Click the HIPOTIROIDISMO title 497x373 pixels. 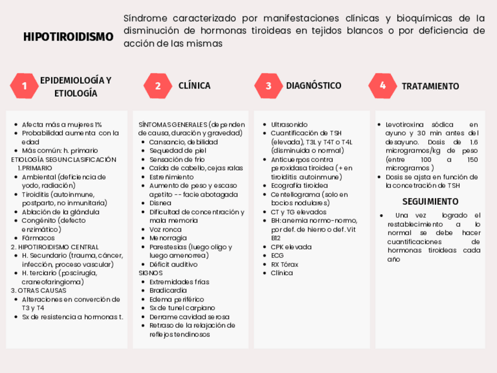tap(69, 37)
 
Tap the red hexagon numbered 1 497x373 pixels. tap(24, 86)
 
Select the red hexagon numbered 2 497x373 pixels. tap(157, 86)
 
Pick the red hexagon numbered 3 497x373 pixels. tap(268, 86)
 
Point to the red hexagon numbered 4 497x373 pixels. tap(382, 86)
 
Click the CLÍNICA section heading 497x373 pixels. tap(194, 86)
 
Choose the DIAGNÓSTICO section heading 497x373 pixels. tap(313, 86)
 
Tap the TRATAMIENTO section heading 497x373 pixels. tap(430, 86)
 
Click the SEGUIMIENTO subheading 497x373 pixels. tap(431, 201)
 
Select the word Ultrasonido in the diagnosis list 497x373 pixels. tap(289, 124)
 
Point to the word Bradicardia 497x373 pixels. tap(167, 290)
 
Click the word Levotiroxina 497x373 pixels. tap(405, 124)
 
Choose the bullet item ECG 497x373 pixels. tap(277, 256)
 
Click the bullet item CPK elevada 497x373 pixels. tap(291, 247)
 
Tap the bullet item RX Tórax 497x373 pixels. tap(284, 265)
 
